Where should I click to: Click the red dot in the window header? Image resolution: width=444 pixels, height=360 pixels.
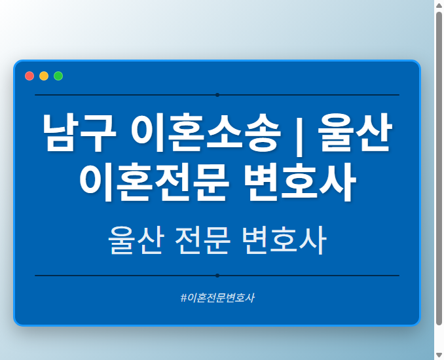click(29, 76)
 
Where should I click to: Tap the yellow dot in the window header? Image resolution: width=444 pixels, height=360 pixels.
click(44, 76)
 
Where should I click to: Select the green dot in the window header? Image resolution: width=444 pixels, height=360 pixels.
click(58, 76)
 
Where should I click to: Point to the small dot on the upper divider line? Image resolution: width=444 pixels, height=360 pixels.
click(217, 95)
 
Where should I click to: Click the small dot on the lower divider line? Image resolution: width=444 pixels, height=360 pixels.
click(217, 276)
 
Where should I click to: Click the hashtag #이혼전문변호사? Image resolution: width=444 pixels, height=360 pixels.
click(217, 298)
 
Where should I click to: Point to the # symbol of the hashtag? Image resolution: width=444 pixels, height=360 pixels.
click(183, 298)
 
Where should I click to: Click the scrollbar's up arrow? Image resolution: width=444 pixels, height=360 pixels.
click(439, 5)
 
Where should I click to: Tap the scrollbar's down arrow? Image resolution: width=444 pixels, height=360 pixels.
click(439, 355)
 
